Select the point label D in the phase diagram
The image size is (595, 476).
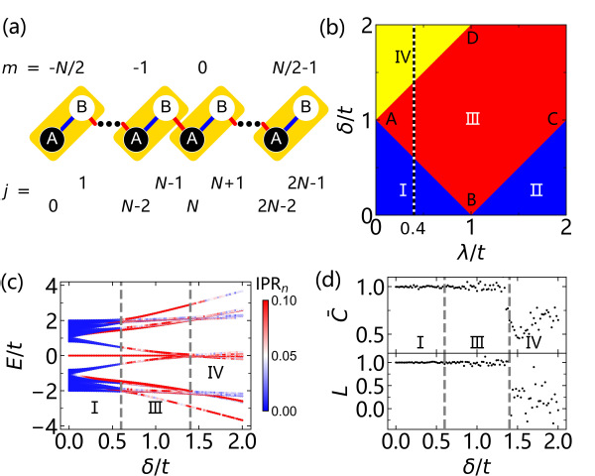(x=472, y=38)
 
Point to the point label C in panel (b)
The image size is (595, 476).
(x=552, y=119)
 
